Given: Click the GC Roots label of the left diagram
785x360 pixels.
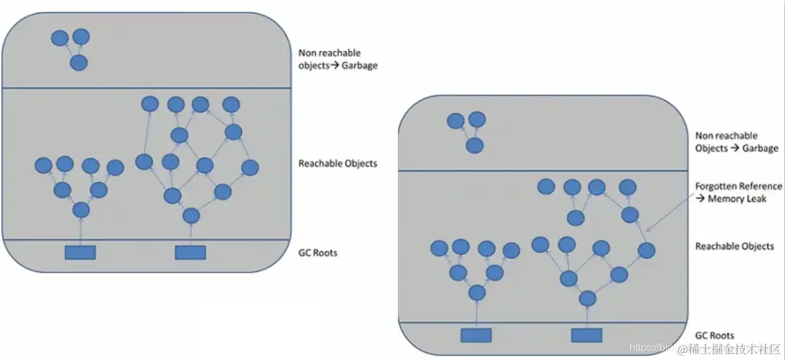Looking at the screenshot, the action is click(318, 253).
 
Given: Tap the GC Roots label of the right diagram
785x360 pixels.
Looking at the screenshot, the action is click(714, 335).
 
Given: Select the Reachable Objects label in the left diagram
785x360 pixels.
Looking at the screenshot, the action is click(337, 163).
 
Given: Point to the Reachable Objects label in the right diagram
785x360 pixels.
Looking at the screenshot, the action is click(734, 246).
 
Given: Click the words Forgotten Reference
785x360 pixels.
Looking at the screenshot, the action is click(738, 186).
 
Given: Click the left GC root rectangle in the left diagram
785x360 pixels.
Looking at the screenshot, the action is click(80, 253).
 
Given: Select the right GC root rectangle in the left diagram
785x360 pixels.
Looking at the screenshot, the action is click(190, 253).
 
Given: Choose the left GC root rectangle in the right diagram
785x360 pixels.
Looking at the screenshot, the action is click(476, 335).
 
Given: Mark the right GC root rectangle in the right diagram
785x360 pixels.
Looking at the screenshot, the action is click(586, 335).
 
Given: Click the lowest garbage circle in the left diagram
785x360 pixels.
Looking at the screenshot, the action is click(78, 63).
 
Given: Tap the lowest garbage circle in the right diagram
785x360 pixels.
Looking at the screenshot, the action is click(474, 145).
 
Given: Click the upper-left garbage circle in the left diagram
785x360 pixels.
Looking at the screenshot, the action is click(60, 38).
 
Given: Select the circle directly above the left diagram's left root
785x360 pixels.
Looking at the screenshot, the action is click(81, 210).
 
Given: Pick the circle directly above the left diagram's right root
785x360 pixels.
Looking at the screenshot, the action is click(191, 216).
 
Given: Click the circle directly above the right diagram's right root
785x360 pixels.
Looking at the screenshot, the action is click(587, 298).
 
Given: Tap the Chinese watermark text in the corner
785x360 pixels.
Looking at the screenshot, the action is click(734, 350).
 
